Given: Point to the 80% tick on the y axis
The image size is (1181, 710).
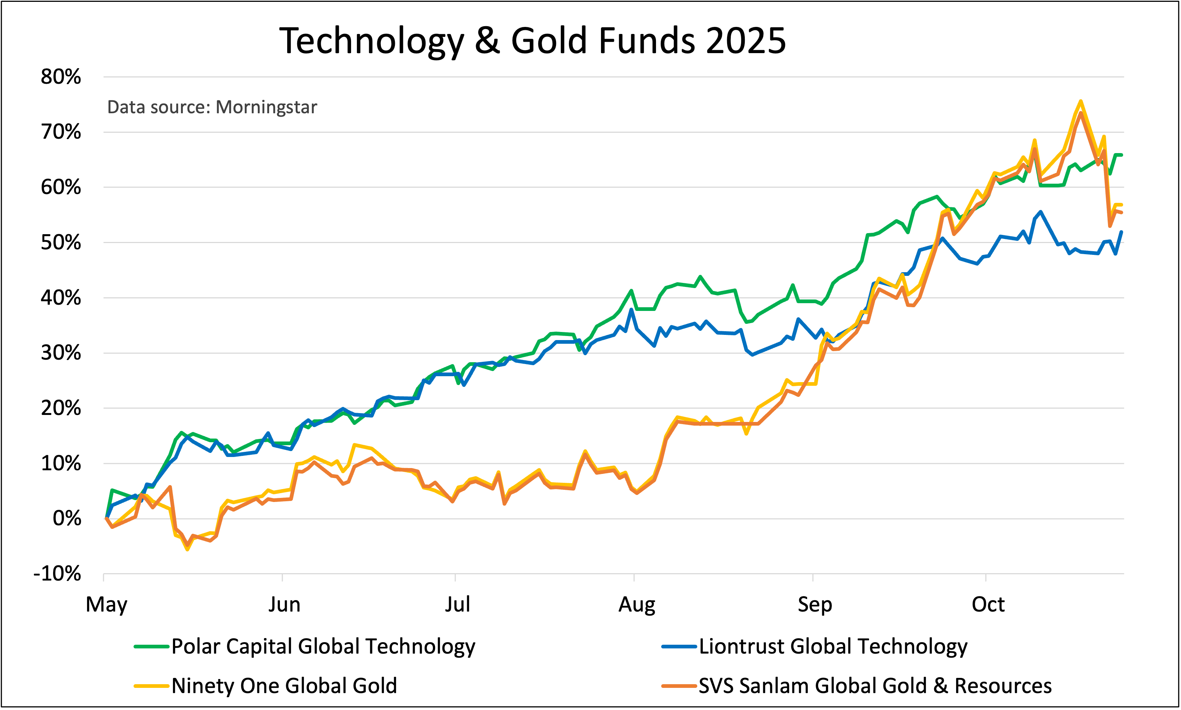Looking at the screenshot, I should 61,77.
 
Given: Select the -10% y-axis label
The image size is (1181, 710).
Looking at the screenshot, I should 57,574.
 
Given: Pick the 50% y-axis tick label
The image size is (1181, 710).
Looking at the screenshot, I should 61,243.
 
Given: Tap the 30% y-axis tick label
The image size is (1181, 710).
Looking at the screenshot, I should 61,353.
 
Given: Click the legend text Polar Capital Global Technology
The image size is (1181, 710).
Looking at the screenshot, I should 323,646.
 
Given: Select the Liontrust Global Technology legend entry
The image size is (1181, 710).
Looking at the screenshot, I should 833,646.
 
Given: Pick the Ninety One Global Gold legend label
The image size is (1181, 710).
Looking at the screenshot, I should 284,686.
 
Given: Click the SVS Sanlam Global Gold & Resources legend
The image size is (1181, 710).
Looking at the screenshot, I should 875,686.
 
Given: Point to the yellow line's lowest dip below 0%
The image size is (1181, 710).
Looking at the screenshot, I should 187,549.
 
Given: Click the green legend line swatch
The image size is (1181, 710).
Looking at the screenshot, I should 152,646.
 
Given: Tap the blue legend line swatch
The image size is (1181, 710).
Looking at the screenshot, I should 679,646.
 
